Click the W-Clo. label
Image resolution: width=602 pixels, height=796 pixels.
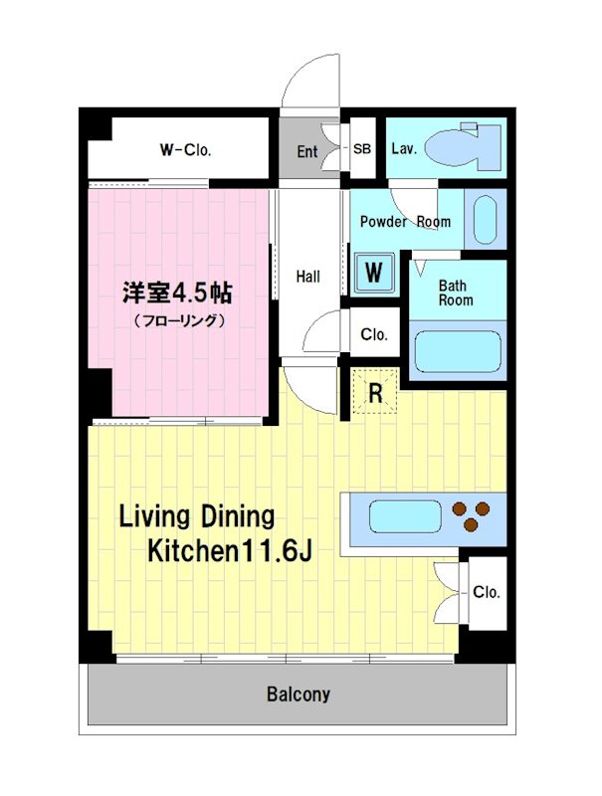(185, 150)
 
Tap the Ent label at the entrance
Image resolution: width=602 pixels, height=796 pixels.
(307, 151)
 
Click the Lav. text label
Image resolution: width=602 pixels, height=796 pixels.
(404, 149)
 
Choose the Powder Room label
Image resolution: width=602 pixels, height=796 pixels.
(405, 221)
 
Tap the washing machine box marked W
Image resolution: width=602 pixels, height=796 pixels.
(374, 272)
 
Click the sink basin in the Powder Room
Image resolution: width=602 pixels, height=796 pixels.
(485, 220)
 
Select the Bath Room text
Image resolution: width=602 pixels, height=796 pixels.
(456, 292)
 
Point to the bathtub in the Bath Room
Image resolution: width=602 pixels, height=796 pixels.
(457, 351)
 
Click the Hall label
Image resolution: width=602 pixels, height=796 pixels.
(308, 276)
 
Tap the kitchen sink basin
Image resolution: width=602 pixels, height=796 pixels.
(405, 518)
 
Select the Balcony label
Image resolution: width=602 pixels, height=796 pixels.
(299, 695)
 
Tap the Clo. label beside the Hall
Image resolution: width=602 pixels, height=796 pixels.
(374, 334)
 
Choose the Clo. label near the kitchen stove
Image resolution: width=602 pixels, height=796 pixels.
(487, 593)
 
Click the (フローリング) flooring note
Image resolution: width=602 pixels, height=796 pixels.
(179, 320)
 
